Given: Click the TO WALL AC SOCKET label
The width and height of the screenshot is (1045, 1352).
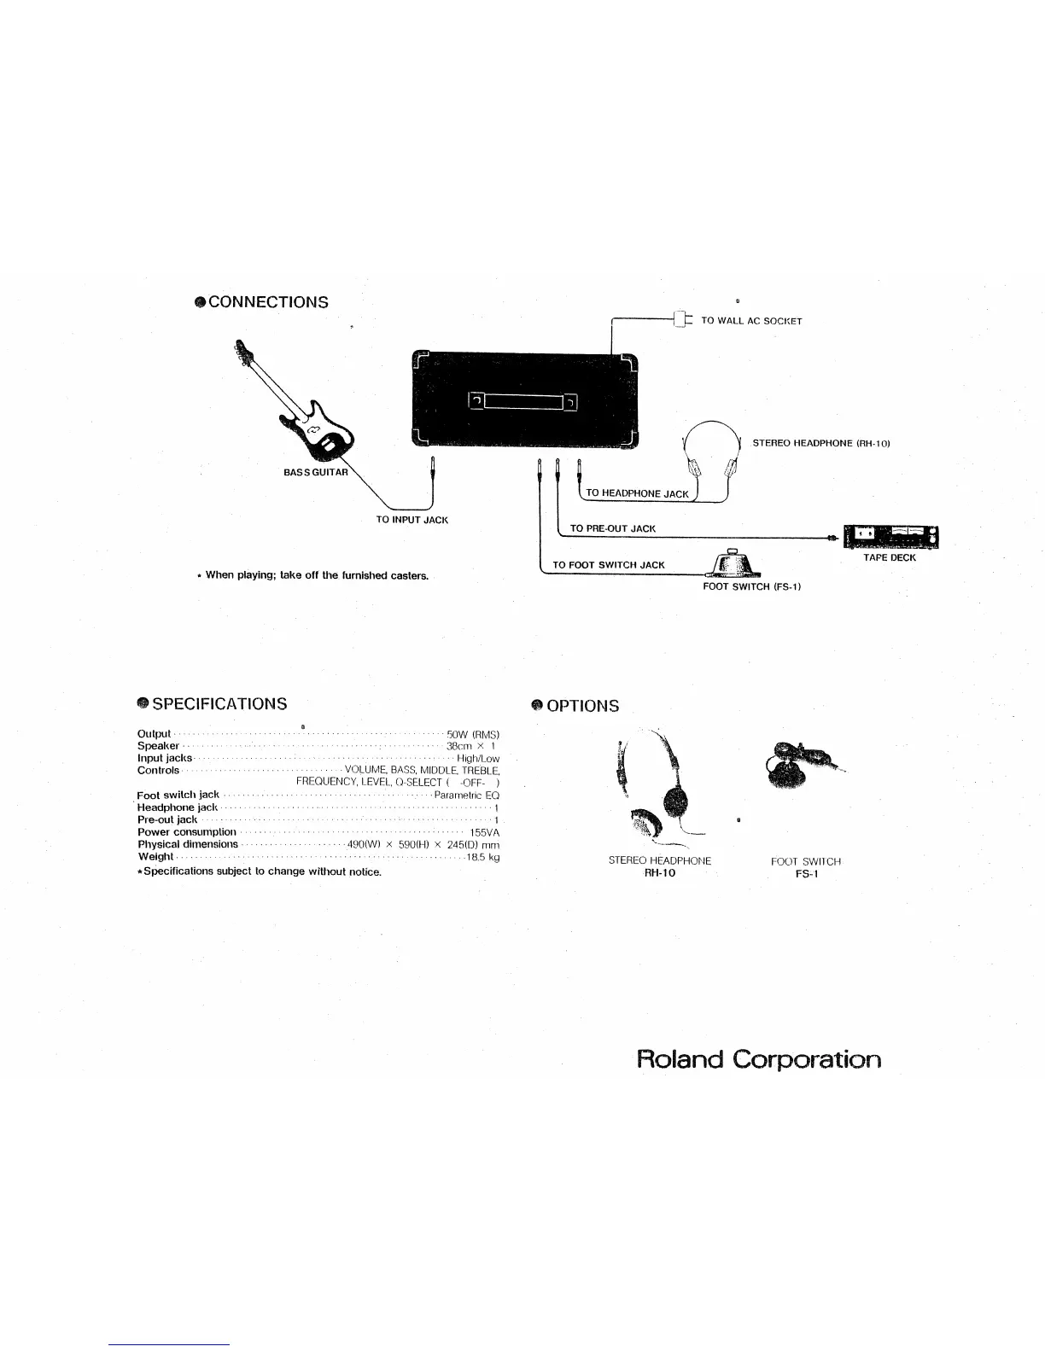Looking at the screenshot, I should tap(751, 321).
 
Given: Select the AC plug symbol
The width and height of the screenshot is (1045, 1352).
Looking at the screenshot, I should tap(680, 320).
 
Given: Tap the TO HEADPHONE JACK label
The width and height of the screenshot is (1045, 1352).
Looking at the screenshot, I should tap(637, 493).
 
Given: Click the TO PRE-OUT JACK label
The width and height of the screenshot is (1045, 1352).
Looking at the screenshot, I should tap(612, 528).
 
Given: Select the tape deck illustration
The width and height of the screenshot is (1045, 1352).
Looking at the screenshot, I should tap(890, 537).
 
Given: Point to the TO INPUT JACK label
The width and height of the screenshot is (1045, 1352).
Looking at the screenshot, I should tap(412, 520).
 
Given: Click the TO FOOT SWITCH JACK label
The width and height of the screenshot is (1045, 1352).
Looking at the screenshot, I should tap(608, 565).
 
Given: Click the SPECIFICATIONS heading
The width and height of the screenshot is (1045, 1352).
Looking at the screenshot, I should tap(219, 704).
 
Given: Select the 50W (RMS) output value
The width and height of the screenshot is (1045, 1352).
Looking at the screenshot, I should tap(473, 734).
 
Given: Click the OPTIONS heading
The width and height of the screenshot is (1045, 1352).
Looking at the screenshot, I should tap(582, 706).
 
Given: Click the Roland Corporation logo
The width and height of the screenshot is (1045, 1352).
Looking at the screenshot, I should tap(759, 1060).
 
